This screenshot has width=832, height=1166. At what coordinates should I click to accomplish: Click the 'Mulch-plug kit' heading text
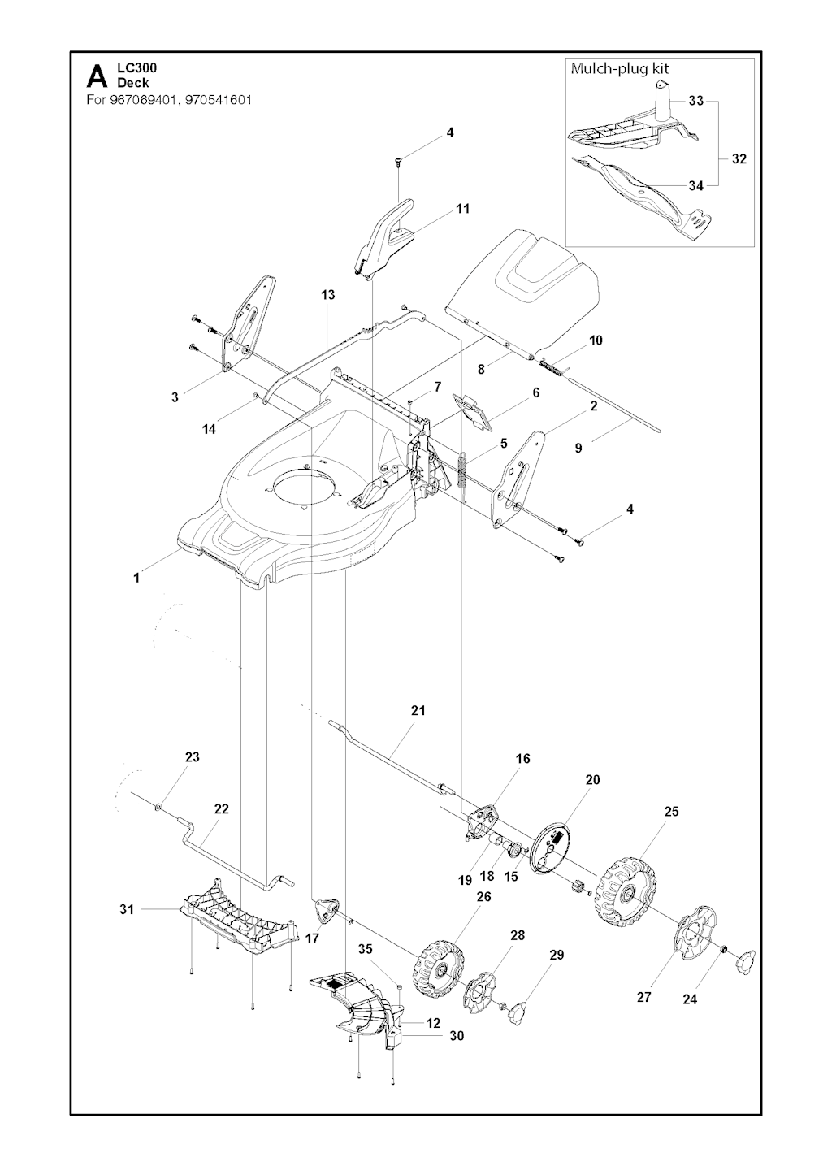620,69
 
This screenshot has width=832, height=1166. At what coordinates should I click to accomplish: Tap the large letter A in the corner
96,77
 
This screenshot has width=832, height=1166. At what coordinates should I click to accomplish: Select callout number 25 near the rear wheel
671,811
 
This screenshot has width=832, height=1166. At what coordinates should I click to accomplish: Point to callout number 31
127,909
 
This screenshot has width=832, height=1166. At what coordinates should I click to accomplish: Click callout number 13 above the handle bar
327,295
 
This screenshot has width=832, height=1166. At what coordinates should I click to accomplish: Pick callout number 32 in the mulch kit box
739,158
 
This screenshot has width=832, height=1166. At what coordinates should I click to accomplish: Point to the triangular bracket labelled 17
327,912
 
